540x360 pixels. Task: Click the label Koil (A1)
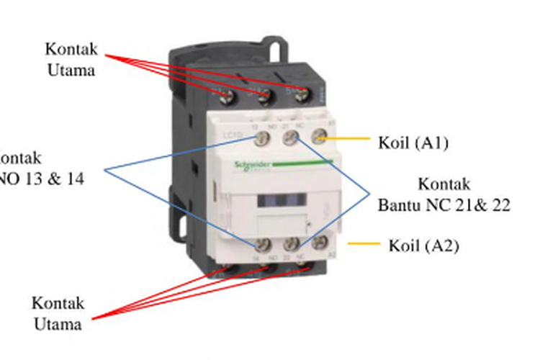[413, 143]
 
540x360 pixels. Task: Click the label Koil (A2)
[423, 245]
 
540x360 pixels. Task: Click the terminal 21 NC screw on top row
[290, 138]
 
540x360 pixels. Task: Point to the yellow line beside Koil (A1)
[349, 139]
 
